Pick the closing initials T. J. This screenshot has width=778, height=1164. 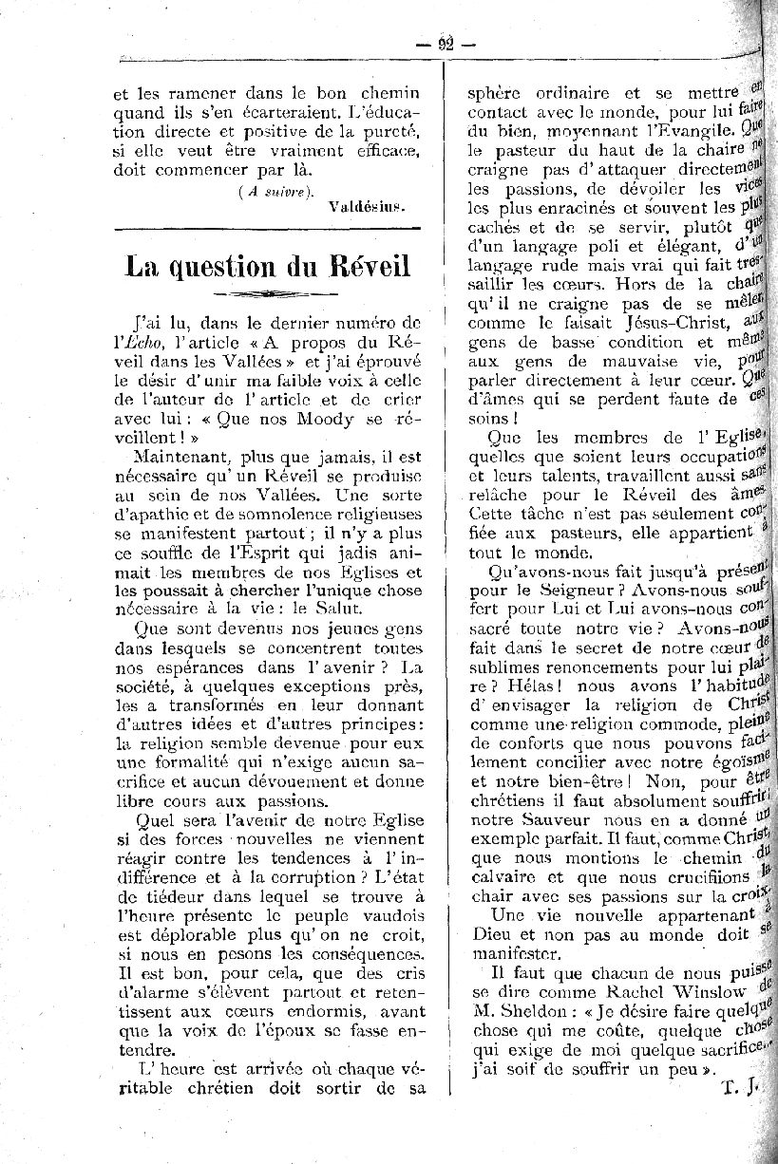point(735,1088)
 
